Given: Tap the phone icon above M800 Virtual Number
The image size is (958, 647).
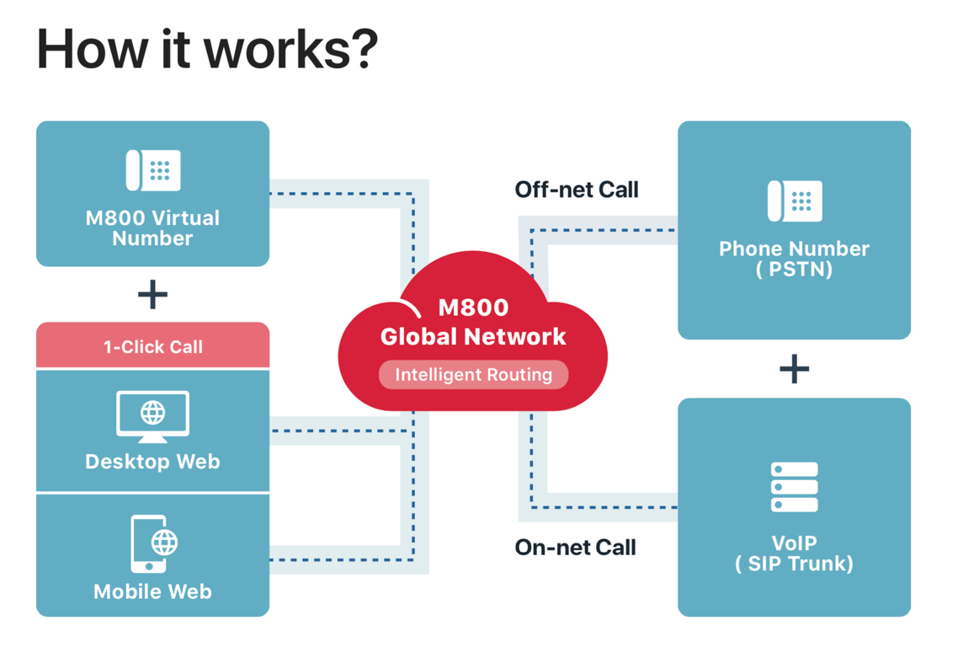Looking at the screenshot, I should [x=153, y=170].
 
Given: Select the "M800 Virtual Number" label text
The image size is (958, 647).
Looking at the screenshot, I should [x=152, y=227].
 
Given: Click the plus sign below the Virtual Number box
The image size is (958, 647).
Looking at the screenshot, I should [x=152, y=295].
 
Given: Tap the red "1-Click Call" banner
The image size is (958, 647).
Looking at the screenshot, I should [x=152, y=346].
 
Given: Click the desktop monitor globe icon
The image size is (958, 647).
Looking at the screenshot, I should [x=152, y=415].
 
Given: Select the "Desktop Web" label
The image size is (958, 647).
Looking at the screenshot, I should [x=152, y=462].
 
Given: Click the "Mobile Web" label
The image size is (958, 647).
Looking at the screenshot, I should [x=152, y=591].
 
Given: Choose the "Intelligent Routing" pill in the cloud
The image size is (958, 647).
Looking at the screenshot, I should [x=473, y=375].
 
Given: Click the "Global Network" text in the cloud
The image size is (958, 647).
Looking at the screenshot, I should [x=473, y=337].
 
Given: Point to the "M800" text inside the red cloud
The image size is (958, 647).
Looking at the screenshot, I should [x=473, y=307].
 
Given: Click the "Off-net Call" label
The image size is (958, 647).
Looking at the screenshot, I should [x=577, y=190].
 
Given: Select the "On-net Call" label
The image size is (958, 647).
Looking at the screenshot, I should [x=576, y=548].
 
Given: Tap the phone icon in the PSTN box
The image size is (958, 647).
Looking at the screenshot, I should [x=795, y=201].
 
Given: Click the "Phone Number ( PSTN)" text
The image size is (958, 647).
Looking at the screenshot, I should [x=794, y=259].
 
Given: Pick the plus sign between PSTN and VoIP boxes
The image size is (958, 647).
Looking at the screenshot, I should [x=794, y=369].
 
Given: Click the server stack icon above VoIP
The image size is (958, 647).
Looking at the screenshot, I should [x=794, y=487].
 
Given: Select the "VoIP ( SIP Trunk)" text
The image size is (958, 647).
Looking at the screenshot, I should [x=794, y=553].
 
